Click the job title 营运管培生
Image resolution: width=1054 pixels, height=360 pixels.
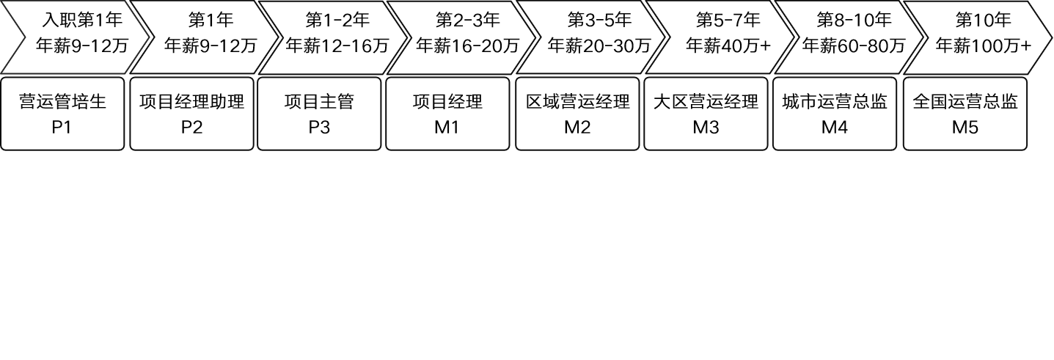coord(62,101)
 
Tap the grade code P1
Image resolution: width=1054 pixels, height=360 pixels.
coord(62,127)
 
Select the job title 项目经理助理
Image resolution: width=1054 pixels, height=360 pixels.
coord(191,101)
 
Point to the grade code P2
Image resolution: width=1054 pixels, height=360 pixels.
coord(191,127)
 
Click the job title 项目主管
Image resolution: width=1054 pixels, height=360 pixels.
coord(319,101)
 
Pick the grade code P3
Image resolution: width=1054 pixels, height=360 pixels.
coord(319,127)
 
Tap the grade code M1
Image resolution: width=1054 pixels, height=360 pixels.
coord(447,127)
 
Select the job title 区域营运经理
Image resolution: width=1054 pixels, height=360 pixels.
coord(577,101)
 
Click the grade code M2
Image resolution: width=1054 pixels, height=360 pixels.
coord(577,127)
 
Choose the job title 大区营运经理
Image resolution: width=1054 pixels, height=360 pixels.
coord(706,101)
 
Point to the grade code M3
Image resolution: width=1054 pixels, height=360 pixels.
coord(706,127)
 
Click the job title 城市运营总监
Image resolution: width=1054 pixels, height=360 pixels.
coord(835,101)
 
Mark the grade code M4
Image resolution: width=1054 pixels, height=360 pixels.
coord(835,127)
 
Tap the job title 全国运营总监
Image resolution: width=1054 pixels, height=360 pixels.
coord(965,101)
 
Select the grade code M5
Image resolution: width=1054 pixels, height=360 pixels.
coord(965,127)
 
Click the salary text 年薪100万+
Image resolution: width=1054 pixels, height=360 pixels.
coord(983,45)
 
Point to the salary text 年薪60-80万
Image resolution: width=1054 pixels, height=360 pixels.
coord(853,45)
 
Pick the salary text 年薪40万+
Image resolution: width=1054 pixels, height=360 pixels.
coord(728,45)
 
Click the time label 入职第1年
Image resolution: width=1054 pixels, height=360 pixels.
coord(82,19)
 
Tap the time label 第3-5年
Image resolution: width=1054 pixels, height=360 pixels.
coord(599,19)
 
